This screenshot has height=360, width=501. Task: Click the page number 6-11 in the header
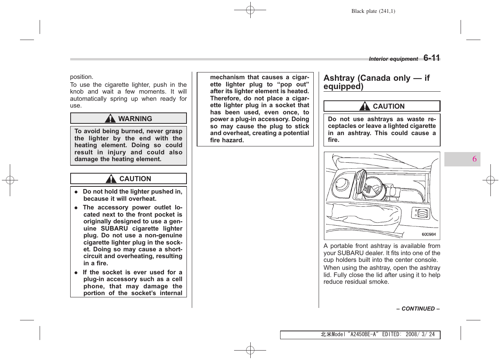[x=432, y=58]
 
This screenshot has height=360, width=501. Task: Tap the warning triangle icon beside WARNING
[x=110, y=118]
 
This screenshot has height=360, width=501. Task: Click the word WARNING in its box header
[x=135, y=119]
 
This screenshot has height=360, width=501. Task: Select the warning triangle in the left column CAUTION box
[x=111, y=179]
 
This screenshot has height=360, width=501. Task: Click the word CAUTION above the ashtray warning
[x=388, y=106]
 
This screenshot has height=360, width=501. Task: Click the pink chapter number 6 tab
[x=474, y=159]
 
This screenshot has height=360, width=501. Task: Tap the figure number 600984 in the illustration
[x=429, y=234]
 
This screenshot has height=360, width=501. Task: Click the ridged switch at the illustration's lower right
[x=423, y=213]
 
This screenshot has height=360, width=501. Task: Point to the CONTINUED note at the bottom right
[x=418, y=309]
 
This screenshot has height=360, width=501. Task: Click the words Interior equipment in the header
[x=393, y=59]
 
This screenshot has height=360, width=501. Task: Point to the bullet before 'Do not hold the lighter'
[x=76, y=192]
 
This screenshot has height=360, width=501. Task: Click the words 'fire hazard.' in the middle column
[x=227, y=140]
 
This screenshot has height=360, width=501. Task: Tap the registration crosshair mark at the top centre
[x=250, y=10]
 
